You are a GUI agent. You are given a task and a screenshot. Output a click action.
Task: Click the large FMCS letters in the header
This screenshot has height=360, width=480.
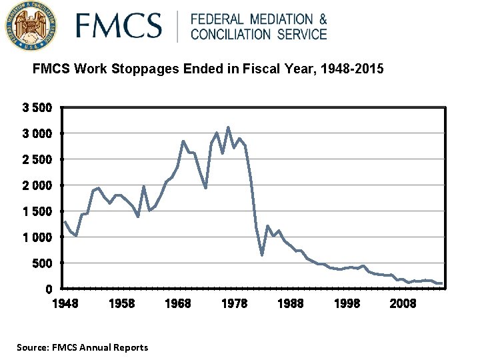(x=119, y=27)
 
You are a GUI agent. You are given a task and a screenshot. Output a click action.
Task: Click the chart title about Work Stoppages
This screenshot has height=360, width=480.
(x=208, y=69)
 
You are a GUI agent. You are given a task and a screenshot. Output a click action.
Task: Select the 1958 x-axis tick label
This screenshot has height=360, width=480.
(x=121, y=303)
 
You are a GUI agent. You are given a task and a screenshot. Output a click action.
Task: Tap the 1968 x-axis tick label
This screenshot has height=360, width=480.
(x=177, y=303)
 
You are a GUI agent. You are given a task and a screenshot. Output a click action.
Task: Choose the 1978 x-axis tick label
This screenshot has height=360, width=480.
(x=234, y=303)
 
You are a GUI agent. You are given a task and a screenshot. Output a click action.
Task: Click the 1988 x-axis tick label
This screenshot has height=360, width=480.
(x=290, y=303)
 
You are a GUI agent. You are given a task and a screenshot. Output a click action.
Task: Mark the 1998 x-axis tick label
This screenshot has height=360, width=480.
(x=347, y=303)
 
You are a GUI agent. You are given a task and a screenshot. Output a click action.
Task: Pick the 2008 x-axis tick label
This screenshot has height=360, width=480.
(x=403, y=303)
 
